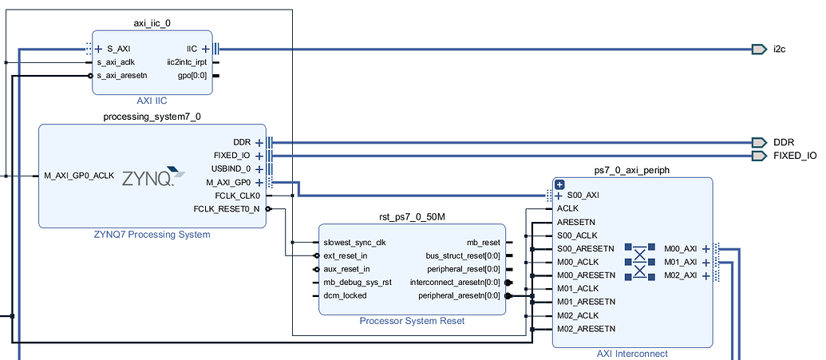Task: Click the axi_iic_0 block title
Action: click(152, 24)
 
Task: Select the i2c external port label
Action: click(779, 49)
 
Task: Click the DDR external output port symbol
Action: click(758, 142)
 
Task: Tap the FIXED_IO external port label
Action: click(795, 156)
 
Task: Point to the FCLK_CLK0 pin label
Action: click(238, 196)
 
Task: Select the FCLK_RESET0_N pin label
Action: click(227, 209)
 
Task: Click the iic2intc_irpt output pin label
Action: click(187, 62)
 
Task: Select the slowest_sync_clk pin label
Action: click(354, 243)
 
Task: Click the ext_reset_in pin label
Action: click(346, 255)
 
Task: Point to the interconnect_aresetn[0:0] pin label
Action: click(455, 283)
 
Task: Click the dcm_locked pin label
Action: click(345, 295)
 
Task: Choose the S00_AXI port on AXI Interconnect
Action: click(581, 196)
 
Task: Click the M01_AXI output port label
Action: click(681, 262)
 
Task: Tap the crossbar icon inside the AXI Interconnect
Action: click(639, 261)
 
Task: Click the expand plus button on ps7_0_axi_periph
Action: click(559, 184)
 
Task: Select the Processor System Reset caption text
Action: click(411, 321)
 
